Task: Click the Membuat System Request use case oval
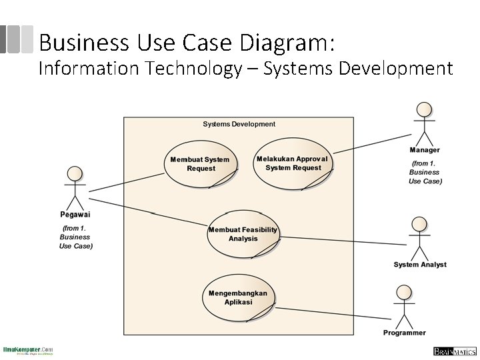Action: tap(200, 164)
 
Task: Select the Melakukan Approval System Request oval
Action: tap(293, 163)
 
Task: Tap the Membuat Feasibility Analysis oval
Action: tap(243, 234)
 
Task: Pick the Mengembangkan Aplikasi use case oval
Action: tap(238, 297)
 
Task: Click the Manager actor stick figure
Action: tap(423, 123)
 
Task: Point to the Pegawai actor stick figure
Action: tap(75, 187)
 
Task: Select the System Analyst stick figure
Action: tap(419, 238)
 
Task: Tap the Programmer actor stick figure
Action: tap(403, 306)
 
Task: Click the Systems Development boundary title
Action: tap(239, 124)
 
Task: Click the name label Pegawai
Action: tap(75, 215)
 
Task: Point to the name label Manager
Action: tap(425, 150)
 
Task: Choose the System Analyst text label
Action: tap(420, 265)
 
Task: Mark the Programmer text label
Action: tap(404, 333)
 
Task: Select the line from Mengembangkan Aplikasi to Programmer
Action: tap(330, 314)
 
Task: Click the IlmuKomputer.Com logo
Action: tap(27, 350)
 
